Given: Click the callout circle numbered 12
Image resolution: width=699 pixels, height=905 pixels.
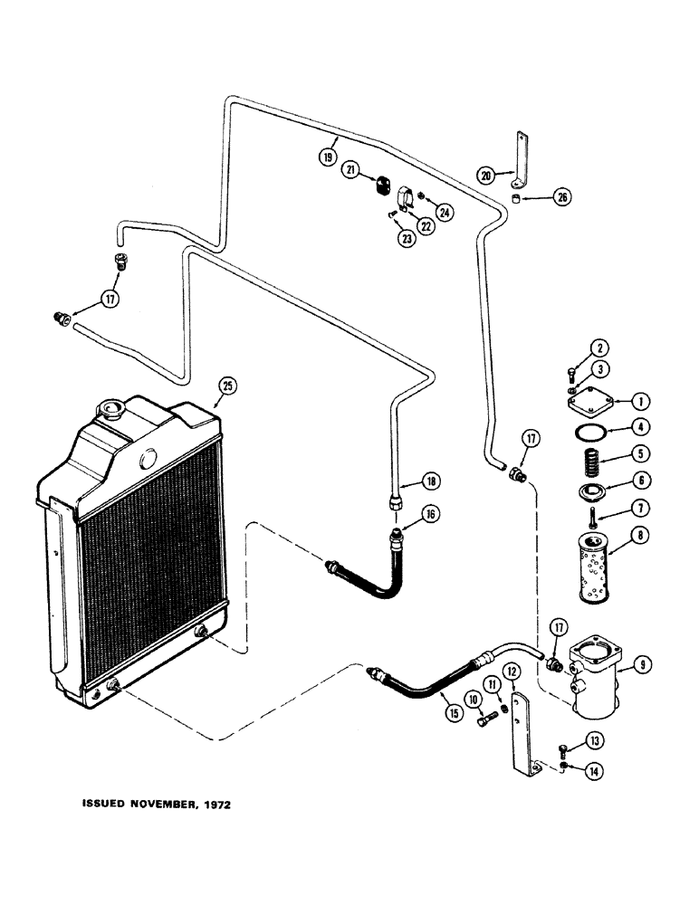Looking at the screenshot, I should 512,671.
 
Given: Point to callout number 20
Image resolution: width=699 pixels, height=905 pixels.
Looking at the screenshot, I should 486,176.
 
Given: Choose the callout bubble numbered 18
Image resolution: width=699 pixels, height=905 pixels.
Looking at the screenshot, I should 408,480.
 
